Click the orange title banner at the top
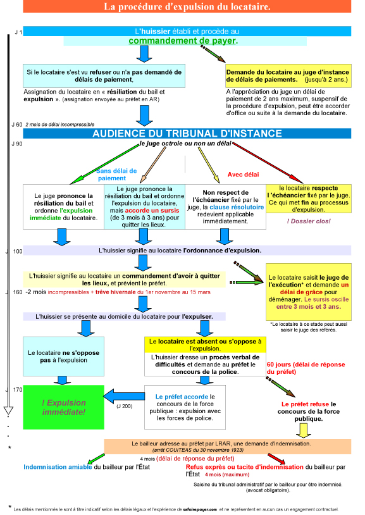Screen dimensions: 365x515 187,6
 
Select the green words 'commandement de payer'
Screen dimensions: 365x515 182,40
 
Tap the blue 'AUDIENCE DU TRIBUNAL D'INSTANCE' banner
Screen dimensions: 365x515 187,133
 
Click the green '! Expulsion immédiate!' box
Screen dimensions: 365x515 63,407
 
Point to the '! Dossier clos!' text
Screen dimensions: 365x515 309,221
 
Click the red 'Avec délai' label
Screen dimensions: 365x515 243,175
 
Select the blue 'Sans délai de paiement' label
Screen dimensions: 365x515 116,175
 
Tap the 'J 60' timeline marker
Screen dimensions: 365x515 17,125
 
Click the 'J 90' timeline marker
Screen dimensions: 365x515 17,144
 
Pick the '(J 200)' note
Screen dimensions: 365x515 125,406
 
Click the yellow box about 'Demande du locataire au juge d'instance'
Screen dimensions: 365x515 288,76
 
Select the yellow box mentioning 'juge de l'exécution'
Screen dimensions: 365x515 309,292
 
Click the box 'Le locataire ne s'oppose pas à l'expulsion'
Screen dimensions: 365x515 63,356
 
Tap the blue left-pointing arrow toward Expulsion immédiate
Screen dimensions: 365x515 124,396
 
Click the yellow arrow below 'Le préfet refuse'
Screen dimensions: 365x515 304,431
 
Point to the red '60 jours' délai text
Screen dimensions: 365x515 306,368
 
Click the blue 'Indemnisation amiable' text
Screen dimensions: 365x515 58,467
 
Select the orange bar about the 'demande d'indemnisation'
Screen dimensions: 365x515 227,447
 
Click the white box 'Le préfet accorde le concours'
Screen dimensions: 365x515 185,407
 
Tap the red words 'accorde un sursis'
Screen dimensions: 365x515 152,211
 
